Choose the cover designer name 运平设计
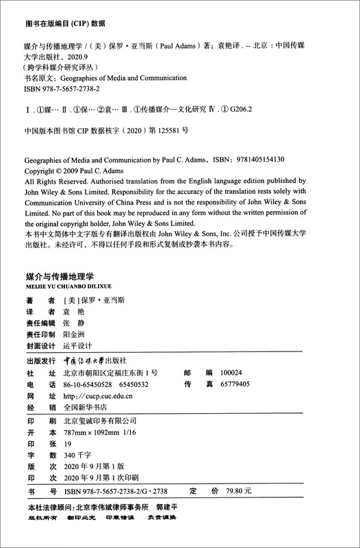[x=77, y=346]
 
